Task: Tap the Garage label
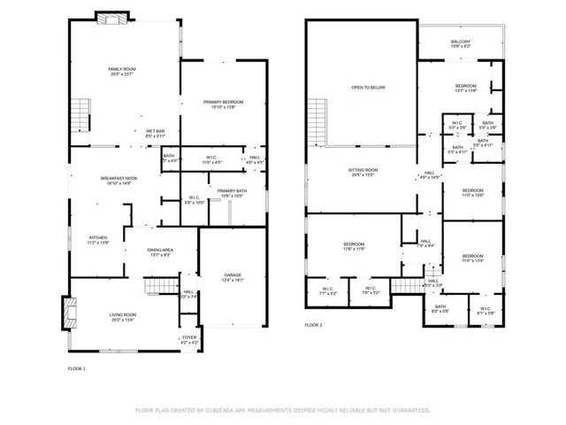[233, 277]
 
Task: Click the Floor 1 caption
[77, 368]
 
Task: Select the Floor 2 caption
[314, 326]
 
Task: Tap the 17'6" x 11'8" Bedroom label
[354, 246]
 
